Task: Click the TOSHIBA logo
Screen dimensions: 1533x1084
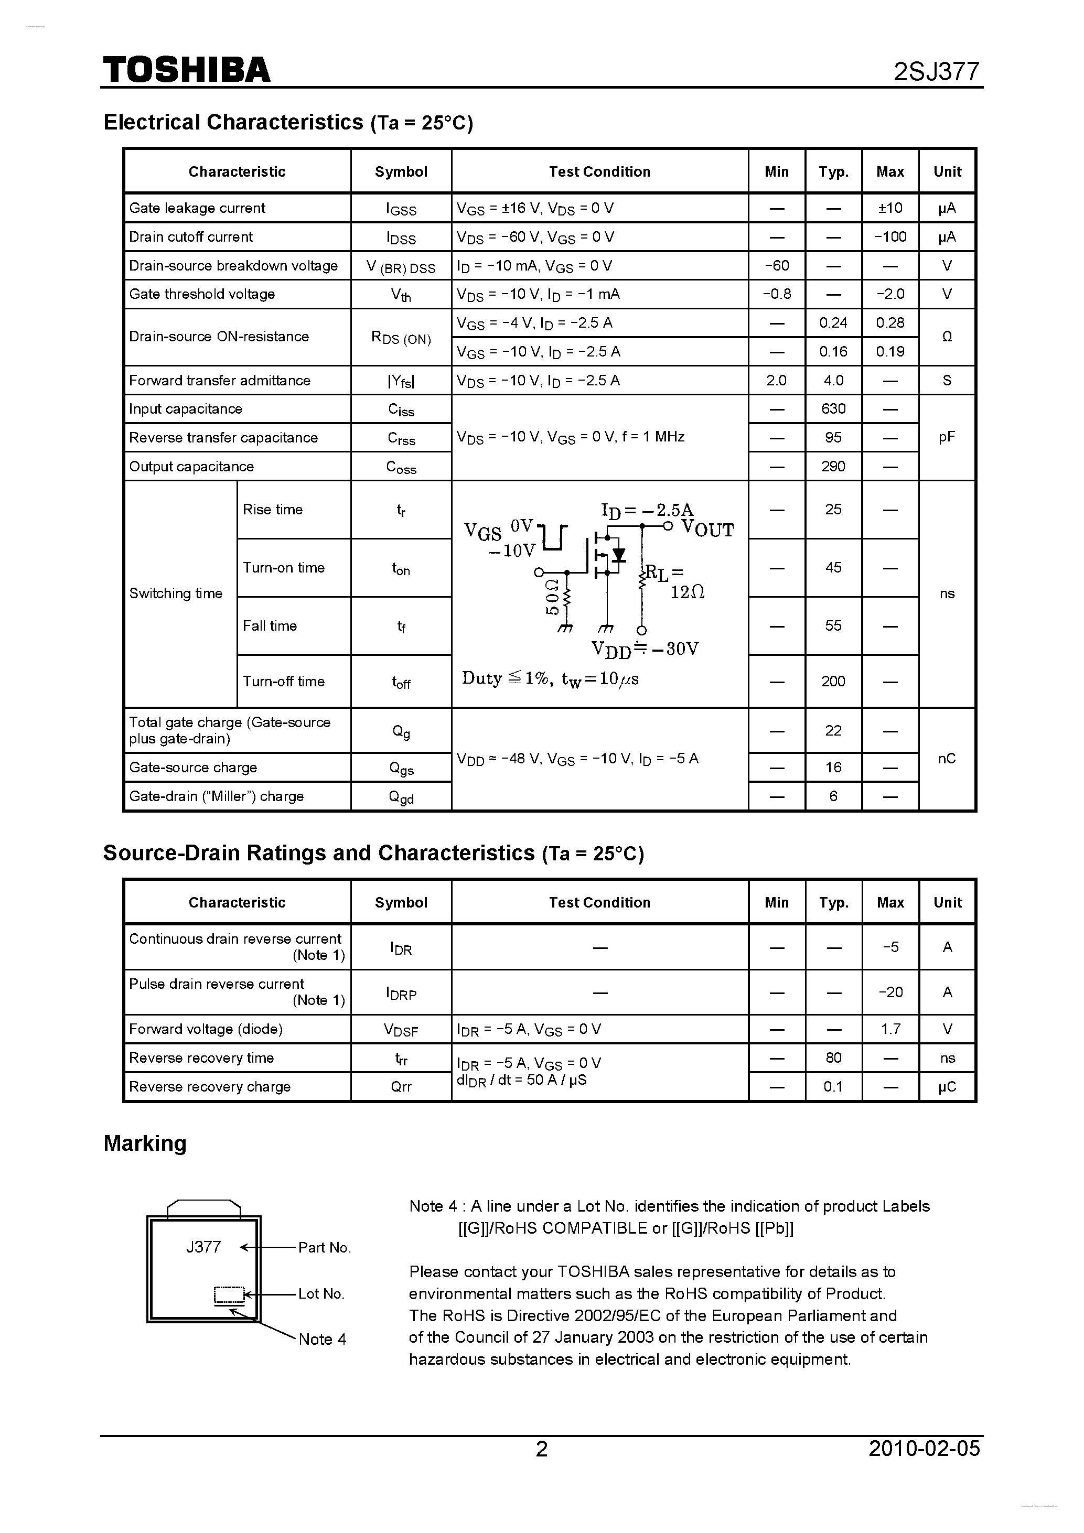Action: tap(186, 69)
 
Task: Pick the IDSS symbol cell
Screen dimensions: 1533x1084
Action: tap(401, 237)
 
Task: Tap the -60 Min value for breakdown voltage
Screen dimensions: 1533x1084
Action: tap(776, 266)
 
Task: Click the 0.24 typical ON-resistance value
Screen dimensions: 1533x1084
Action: tap(833, 323)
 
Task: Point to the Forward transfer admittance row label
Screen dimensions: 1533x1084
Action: tap(220, 381)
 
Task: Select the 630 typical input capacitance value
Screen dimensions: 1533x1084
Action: tap(833, 408)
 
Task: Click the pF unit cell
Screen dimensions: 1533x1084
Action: tap(947, 437)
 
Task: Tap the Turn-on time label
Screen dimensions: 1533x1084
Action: tap(283, 567)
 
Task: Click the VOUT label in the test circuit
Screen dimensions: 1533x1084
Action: tap(707, 530)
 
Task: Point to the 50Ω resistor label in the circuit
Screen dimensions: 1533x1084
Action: tap(552, 596)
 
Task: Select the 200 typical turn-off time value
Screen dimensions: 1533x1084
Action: tap(833, 682)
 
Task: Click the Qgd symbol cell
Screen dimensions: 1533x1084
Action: tap(401, 797)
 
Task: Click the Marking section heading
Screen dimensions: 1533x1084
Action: tap(145, 1143)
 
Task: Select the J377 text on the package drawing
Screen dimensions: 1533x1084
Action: tap(203, 1247)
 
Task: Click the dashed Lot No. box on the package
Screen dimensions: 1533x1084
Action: tap(229, 1294)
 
